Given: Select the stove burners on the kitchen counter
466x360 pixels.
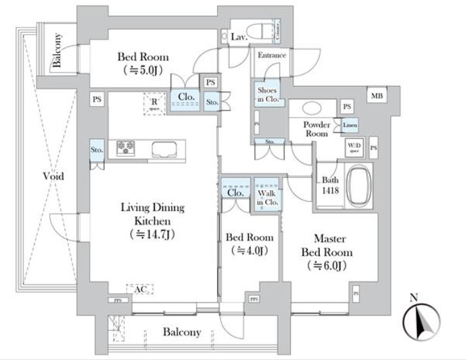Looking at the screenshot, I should click(125, 148).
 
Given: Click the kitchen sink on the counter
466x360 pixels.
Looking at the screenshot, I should click(164, 149).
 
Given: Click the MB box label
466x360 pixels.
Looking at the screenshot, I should click(376, 97).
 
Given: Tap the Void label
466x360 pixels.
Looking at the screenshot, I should click(53, 176).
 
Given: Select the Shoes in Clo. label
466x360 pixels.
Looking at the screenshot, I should click(268, 95).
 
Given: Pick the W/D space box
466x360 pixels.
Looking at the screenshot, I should click(354, 146).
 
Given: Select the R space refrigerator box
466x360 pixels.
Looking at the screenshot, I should click(155, 103).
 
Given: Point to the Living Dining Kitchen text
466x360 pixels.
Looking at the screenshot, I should click(152, 221).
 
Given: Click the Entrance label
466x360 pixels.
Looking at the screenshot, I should click(271, 56).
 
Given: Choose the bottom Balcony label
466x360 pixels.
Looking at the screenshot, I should click(182, 332).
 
